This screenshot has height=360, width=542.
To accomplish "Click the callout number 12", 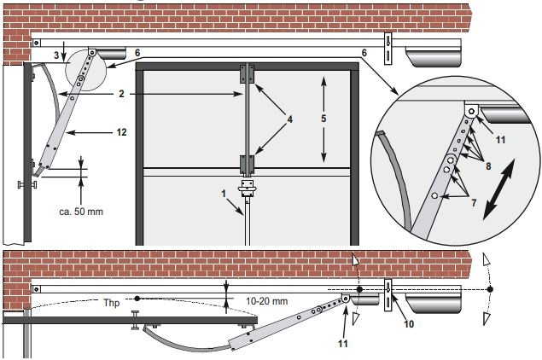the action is click(121, 132).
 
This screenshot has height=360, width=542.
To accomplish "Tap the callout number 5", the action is click(323, 119).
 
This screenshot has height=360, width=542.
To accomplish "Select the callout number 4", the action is click(289, 119).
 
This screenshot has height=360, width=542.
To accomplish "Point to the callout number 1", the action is click(224, 194).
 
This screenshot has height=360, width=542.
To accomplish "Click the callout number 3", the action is click(56, 55).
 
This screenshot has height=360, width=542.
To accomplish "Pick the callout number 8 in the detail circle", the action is click(488, 166).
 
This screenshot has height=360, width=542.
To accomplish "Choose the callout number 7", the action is click(474, 203).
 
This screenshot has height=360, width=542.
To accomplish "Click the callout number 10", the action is click(409, 323).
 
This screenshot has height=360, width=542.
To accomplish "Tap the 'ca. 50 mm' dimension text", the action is click(81, 212).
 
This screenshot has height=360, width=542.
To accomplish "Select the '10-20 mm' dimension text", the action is click(267, 301).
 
